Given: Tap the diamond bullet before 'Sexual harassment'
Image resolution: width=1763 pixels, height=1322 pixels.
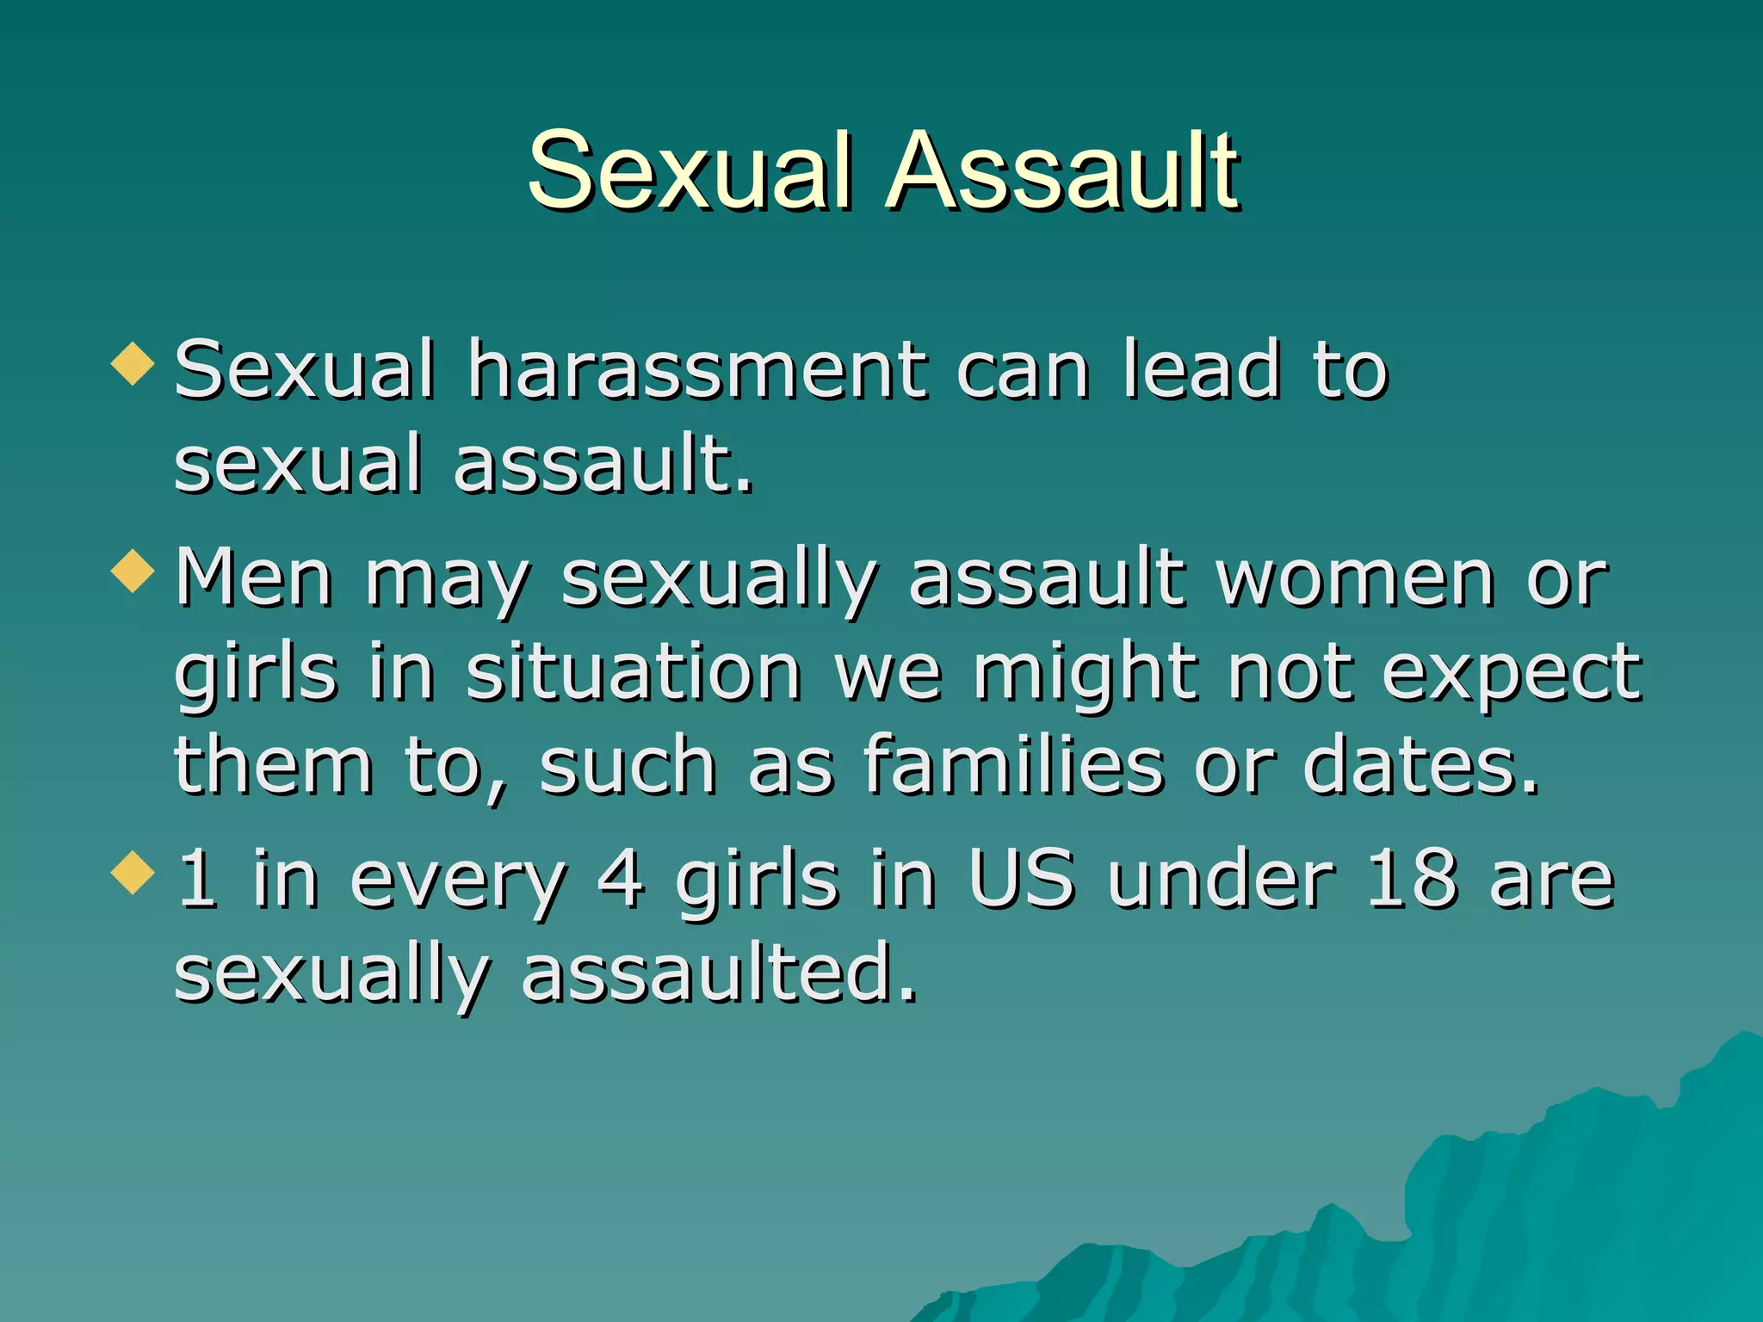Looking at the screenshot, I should coord(133,362).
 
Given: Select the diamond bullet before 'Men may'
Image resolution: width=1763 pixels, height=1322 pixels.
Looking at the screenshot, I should coord(133,571).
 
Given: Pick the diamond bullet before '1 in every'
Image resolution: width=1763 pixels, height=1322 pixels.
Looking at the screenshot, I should coord(133,873).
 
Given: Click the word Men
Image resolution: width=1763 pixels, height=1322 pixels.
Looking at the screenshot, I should coord(254,578).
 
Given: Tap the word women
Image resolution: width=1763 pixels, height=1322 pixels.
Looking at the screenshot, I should coord(1355,578).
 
